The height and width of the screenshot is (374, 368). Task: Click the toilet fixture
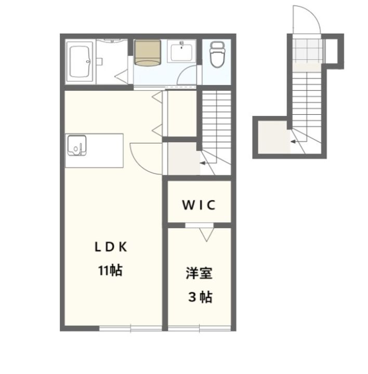(217, 55)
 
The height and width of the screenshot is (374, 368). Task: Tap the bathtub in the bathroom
(80, 61)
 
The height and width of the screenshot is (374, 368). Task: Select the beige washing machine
(147, 52)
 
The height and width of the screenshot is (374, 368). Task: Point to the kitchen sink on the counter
(77, 145)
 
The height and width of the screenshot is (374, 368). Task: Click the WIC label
(199, 205)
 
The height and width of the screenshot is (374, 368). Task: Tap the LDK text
(111, 247)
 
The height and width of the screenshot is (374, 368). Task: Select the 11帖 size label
(111, 270)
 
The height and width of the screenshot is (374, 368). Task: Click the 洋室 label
(199, 273)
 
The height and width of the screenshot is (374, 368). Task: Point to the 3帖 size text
(200, 297)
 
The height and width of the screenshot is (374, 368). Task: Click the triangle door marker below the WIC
(206, 235)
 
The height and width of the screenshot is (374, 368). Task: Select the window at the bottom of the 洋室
(200, 328)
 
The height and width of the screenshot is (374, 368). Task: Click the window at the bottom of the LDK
(130, 328)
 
